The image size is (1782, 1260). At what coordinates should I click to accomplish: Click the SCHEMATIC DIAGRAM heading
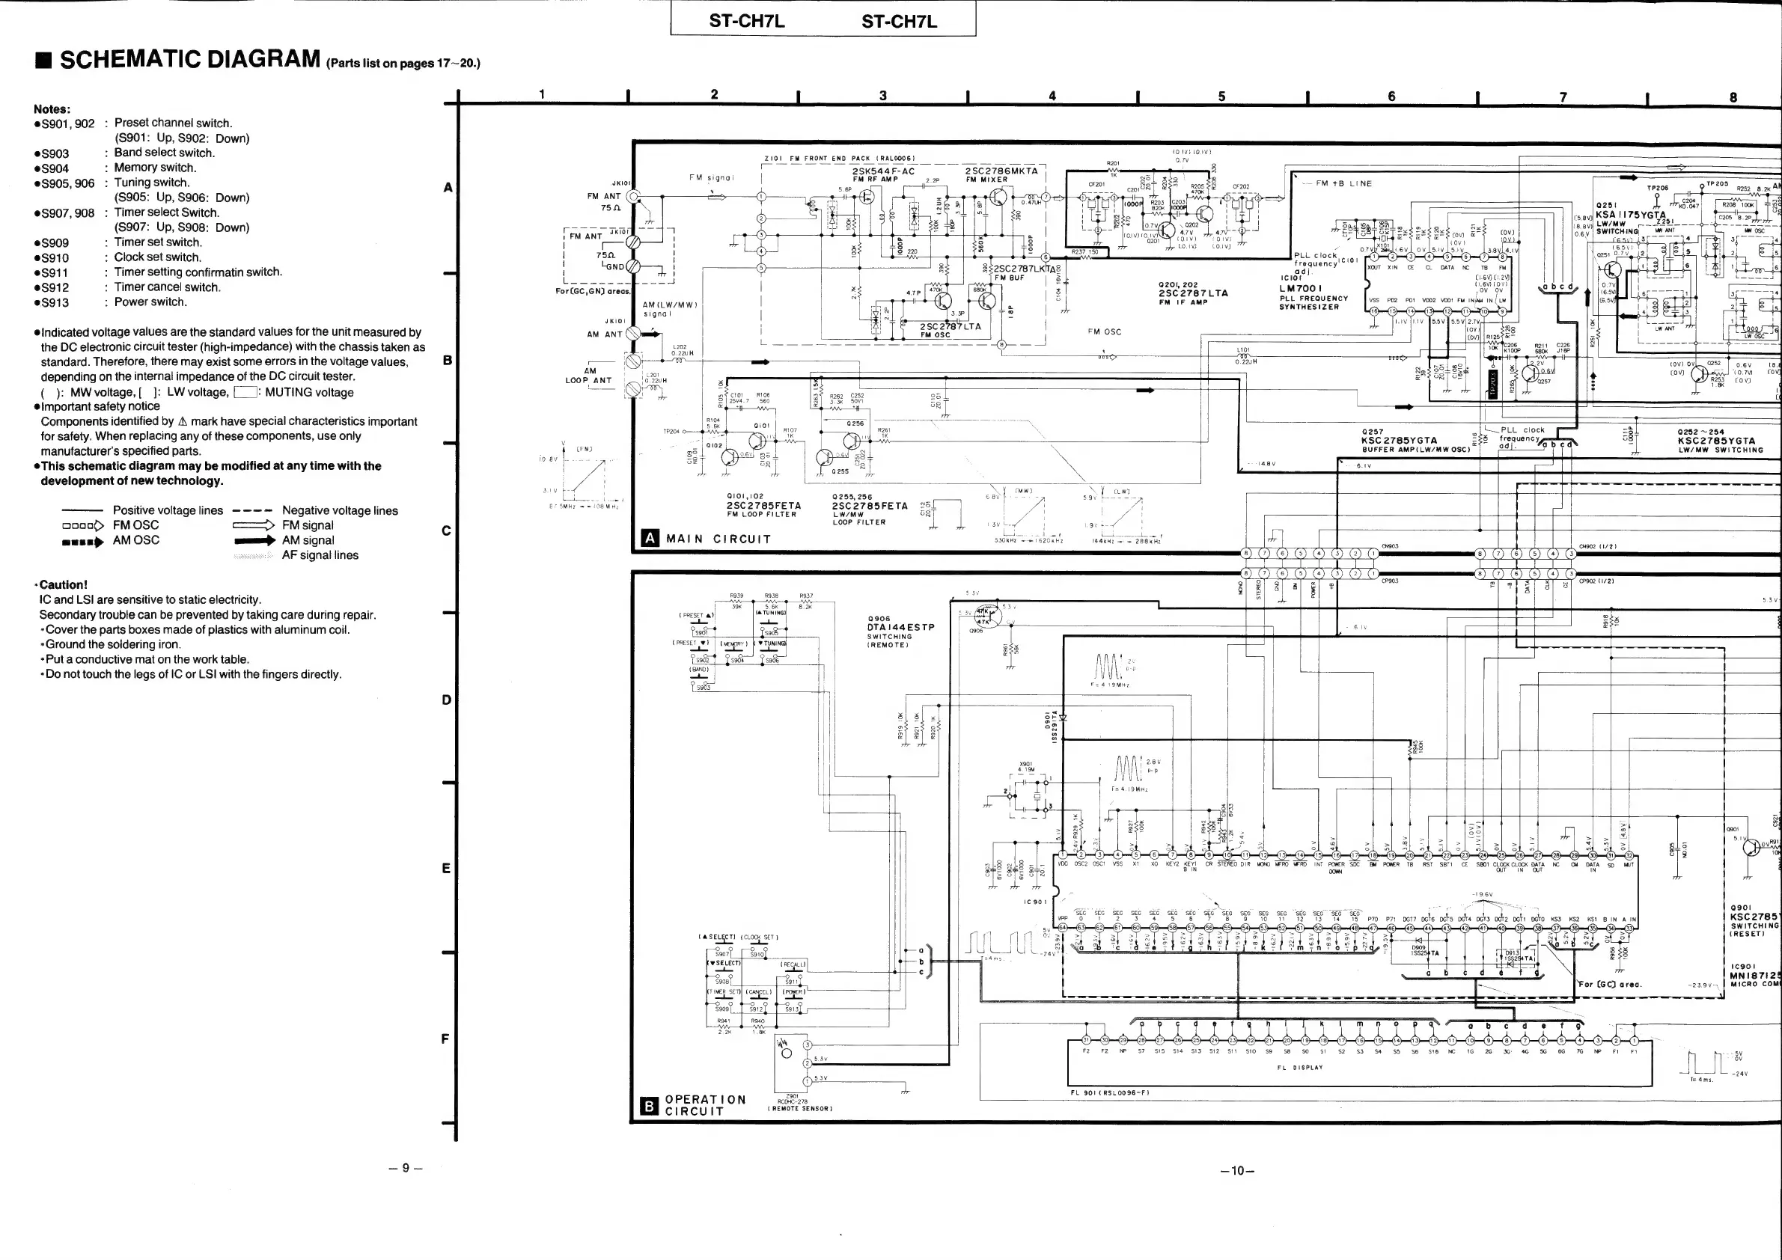tap(189, 59)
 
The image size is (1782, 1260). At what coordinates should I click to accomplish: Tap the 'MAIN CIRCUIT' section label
tap(718, 539)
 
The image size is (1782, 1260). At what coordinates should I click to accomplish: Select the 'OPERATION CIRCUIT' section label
tap(705, 1105)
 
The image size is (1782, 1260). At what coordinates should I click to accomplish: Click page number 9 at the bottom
tap(405, 1167)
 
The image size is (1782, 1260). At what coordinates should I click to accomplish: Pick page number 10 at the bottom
tap(1238, 1171)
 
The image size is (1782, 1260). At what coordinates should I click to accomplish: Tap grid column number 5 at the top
tap(1221, 97)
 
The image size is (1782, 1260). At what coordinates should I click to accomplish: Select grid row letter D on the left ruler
tap(446, 700)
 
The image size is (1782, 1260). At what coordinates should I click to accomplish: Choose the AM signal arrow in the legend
tap(254, 540)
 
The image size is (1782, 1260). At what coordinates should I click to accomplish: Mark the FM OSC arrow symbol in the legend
tap(83, 525)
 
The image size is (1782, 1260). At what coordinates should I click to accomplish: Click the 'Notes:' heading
tap(52, 108)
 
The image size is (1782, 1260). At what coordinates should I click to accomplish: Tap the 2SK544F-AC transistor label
tap(883, 171)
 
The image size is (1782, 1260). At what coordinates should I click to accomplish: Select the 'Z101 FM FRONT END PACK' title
tap(840, 159)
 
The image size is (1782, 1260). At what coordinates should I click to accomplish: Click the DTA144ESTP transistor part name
tap(900, 627)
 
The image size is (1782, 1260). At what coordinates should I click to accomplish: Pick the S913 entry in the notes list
tap(55, 302)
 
